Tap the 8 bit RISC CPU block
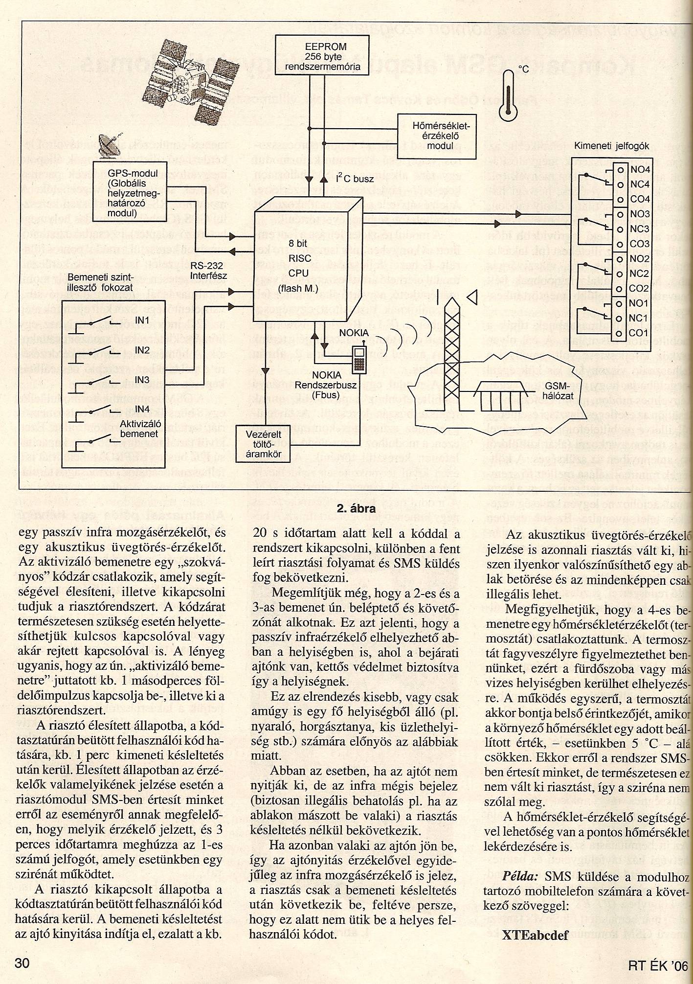coord(300,267)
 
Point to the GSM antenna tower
coord(453,358)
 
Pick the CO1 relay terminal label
coord(639,333)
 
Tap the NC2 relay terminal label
coord(639,274)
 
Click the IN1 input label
coord(142,322)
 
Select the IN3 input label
coord(142,380)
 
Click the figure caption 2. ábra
coord(356,508)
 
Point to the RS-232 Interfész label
coord(209,271)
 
